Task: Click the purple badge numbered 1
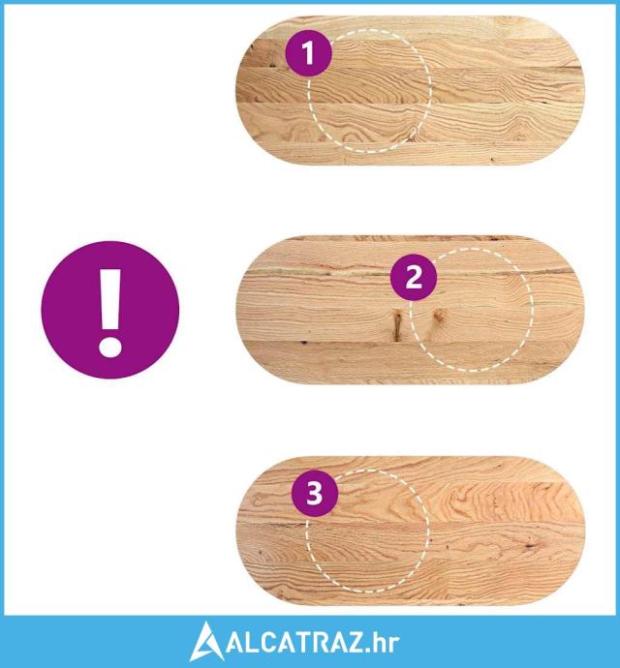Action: pos(308,53)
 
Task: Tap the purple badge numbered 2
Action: pos(414,277)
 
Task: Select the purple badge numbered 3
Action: pos(315,494)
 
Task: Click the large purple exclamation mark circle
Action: pos(110,310)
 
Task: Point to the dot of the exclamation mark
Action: pos(110,346)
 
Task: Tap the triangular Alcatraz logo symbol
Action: pos(206,642)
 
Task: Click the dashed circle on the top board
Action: pos(429,91)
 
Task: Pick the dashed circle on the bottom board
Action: pos(427,531)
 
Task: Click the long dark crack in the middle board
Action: pos(397,325)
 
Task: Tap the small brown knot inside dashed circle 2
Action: pos(438,316)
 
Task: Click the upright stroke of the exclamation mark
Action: pos(110,298)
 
